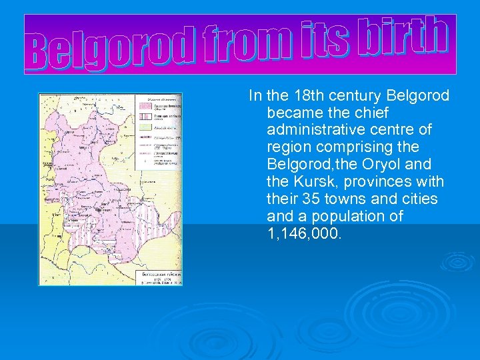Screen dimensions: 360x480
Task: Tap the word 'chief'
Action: (x=369, y=113)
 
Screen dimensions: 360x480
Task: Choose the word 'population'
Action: (x=345, y=216)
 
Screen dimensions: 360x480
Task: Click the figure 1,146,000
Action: (x=304, y=233)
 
